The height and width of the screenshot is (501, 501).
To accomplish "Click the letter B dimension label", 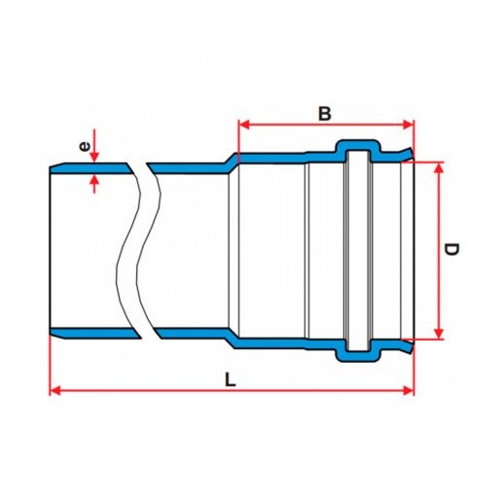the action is point(325,114).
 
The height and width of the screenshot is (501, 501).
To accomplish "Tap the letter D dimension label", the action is point(451,249).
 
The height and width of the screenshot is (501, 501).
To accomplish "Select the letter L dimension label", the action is point(231,379).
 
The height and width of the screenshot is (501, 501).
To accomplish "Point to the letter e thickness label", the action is point(84,147).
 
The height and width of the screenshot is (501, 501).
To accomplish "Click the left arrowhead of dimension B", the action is point(244,125).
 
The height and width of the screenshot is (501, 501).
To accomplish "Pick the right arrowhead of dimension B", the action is point(408,125).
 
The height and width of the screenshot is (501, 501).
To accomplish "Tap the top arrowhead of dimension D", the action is point(439,167).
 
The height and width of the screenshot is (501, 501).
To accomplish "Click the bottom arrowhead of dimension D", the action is point(439,334).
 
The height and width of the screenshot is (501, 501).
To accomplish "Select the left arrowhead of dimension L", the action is point(55,391).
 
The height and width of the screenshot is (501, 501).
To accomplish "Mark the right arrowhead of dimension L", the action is point(408,391).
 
